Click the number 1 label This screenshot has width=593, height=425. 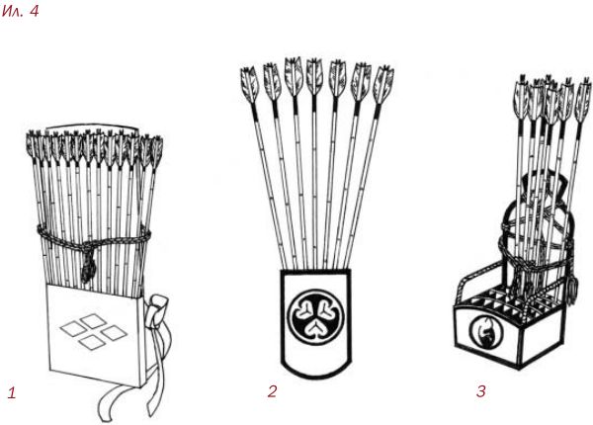(x=12, y=393)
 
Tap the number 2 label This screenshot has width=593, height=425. (x=273, y=391)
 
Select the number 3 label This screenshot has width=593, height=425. (x=480, y=391)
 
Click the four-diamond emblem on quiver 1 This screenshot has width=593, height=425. (x=94, y=331)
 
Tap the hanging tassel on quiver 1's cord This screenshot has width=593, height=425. (x=89, y=267)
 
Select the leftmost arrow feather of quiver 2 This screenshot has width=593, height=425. (x=249, y=83)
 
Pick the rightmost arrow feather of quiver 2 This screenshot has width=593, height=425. (x=383, y=84)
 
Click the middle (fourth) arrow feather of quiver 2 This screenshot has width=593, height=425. (x=314, y=76)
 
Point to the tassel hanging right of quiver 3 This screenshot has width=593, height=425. (x=572, y=289)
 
